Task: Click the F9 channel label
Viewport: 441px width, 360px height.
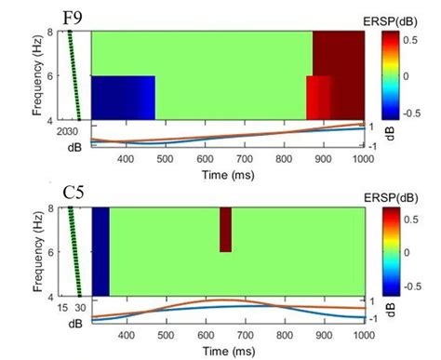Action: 73,17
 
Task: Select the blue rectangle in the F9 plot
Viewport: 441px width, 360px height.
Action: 123,98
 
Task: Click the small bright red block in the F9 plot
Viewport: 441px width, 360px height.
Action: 318,98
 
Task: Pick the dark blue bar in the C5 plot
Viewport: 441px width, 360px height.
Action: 100,252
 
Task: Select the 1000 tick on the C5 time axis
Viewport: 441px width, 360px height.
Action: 362,335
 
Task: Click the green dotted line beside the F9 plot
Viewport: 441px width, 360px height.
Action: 74,75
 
